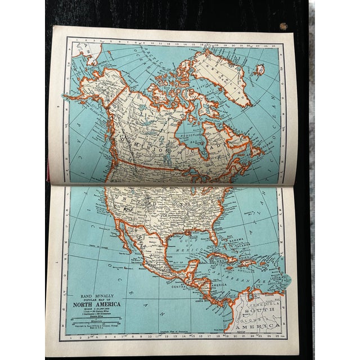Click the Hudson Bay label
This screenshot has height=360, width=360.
click(x=194, y=137)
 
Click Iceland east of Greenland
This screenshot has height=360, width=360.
click(x=259, y=70)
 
